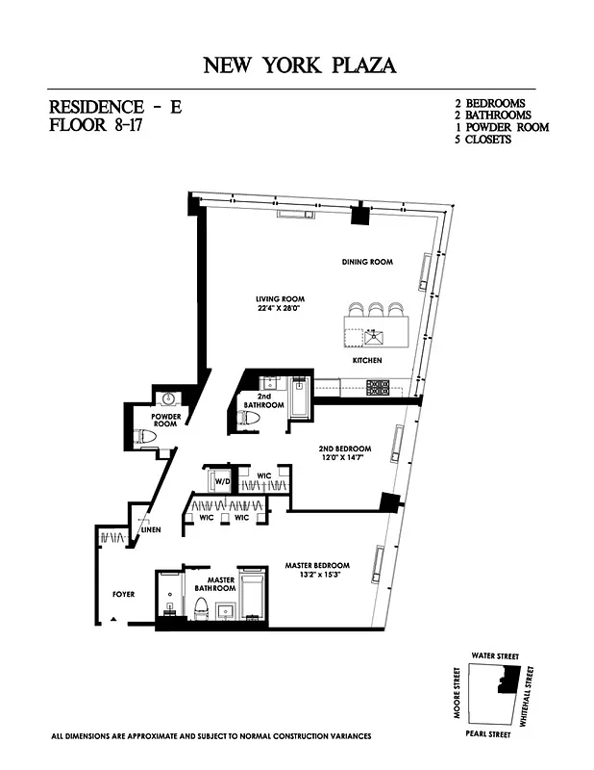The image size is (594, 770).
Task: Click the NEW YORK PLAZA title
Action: (x=299, y=65)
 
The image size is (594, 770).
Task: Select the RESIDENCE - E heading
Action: (x=115, y=107)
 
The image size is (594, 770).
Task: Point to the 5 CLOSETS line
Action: (x=483, y=140)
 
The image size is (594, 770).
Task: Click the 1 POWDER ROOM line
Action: (x=501, y=127)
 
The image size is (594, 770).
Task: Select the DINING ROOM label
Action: (x=367, y=262)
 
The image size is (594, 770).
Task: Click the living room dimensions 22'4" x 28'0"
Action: (x=281, y=309)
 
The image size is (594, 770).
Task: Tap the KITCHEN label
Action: (x=366, y=360)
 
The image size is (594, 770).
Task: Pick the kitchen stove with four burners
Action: (x=377, y=387)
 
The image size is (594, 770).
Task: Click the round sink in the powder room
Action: (x=168, y=398)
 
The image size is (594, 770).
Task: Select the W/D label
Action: (x=221, y=479)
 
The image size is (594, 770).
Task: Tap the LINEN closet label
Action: (x=150, y=530)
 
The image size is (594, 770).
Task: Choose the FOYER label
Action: (x=123, y=594)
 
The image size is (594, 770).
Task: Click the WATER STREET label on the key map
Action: (x=495, y=655)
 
